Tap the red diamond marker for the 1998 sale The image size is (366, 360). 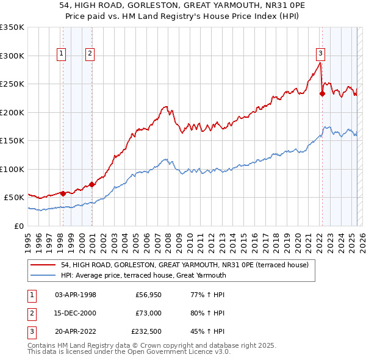63,193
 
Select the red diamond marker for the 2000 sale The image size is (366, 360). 91,184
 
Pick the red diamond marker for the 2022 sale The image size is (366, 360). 322,94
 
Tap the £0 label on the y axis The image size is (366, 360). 18,226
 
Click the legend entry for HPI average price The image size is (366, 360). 143,275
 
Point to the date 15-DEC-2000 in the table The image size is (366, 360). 76,313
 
